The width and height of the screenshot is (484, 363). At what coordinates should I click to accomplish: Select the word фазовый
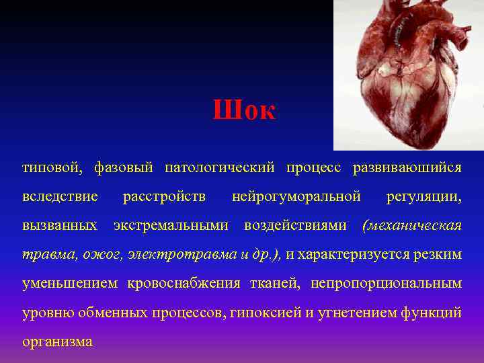point(124,167)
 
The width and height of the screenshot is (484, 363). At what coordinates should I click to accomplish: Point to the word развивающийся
point(407,167)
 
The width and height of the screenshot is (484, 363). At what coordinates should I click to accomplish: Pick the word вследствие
point(60,196)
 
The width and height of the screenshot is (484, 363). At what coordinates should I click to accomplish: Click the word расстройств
point(165,196)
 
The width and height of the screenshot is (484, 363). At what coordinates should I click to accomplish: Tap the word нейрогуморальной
point(296,196)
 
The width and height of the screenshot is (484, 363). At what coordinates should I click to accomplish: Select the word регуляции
point(424,196)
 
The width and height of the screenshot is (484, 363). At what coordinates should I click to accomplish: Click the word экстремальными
point(171,225)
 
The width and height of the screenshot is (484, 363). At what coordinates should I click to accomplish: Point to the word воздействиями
point(295,225)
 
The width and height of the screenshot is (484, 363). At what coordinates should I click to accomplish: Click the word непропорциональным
point(386,284)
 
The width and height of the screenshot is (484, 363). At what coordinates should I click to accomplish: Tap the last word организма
point(57,342)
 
